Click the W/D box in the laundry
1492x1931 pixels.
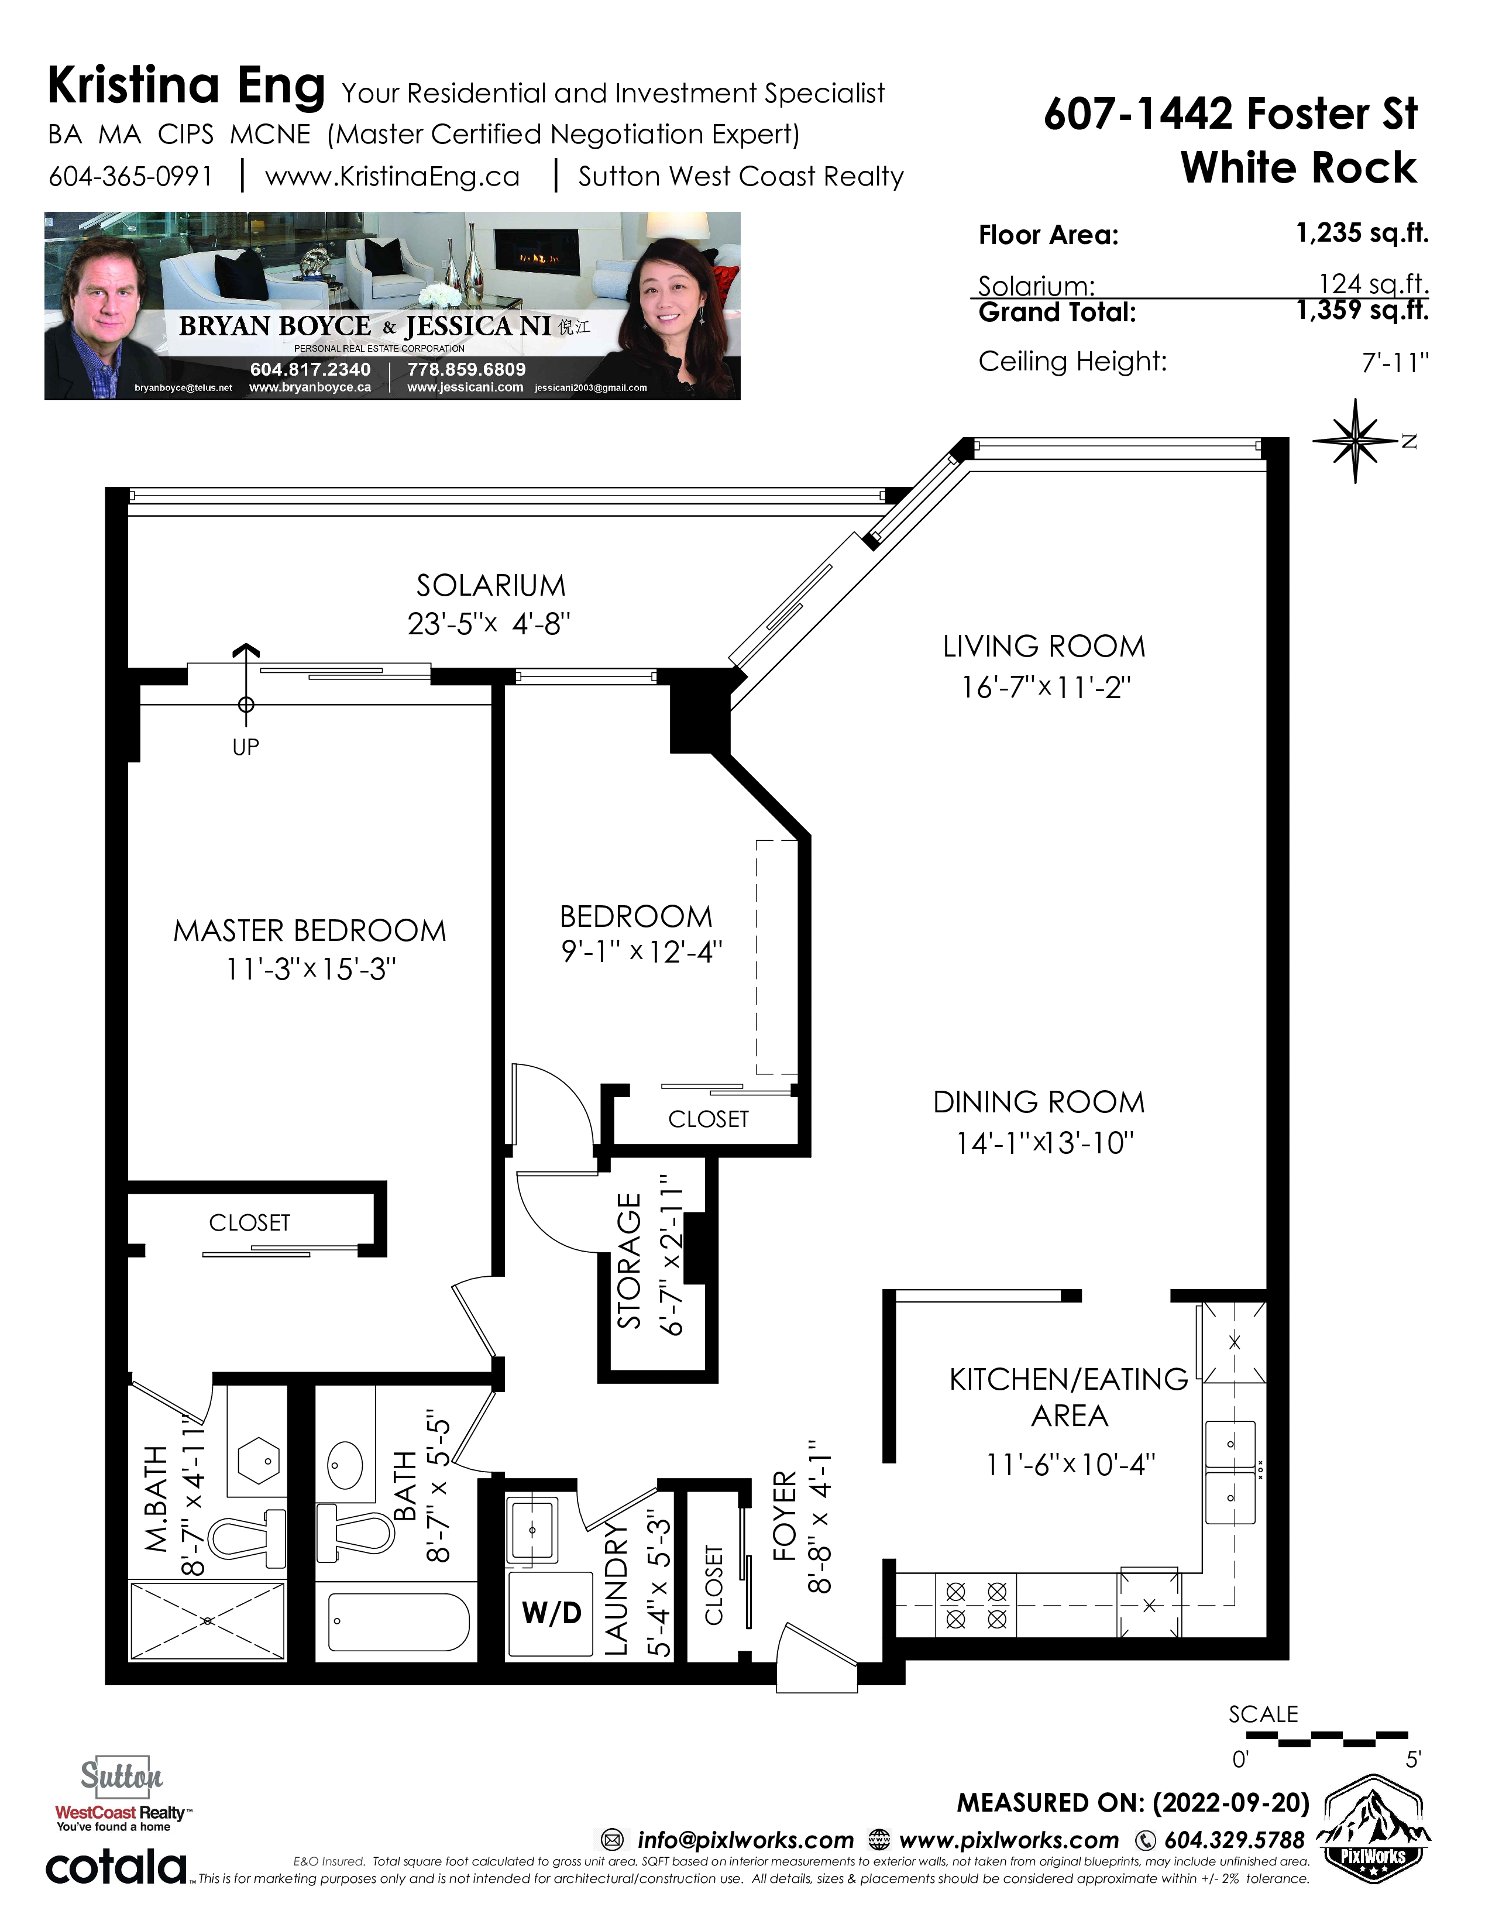click(x=550, y=1614)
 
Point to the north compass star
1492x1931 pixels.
click(x=1356, y=439)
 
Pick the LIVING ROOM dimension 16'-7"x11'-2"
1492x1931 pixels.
click(x=1046, y=687)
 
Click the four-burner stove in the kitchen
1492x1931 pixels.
click(x=977, y=1604)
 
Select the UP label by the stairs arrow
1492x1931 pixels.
click(x=246, y=747)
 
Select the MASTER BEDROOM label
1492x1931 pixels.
click(x=310, y=930)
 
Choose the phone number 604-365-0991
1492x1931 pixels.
click(x=131, y=177)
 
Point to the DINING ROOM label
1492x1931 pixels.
click(x=1040, y=1102)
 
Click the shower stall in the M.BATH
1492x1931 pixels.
click(x=207, y=1621)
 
